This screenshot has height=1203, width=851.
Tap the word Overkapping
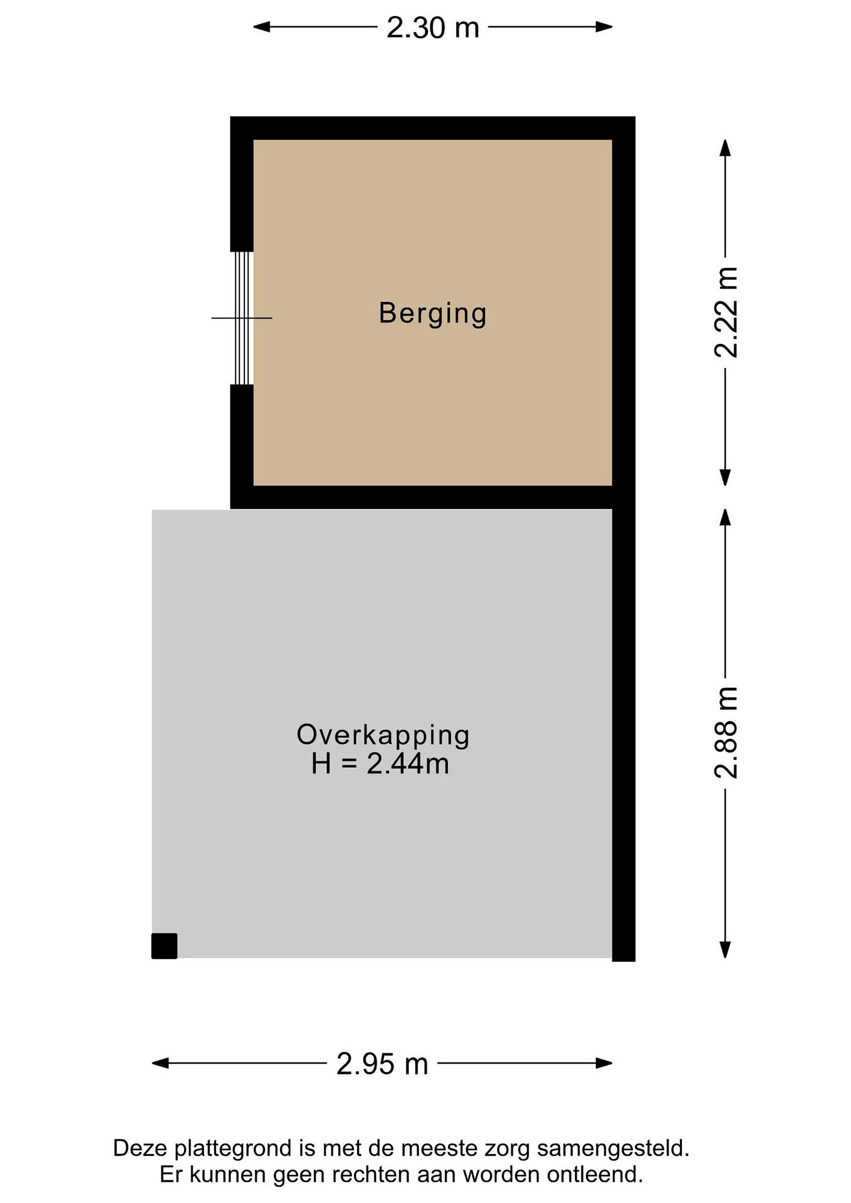tap(383, 736)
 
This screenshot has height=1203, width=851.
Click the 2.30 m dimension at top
tap(433, 27)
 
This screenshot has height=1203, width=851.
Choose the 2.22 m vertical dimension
tap(726, 312)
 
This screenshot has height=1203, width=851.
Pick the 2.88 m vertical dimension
tap(726, 733)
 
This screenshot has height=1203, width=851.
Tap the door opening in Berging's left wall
tap(242, 318)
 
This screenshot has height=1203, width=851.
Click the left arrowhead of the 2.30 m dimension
tap(262, 27)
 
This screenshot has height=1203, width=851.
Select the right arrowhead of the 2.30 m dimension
tap(604, 27)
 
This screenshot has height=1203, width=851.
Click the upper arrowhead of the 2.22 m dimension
tap(725, 148)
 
